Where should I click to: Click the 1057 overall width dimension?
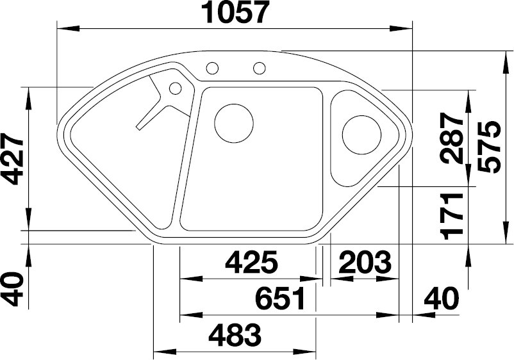coord(236,12)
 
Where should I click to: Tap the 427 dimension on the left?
coord(12,159)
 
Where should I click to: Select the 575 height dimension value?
coord(489,147)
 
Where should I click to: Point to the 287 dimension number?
coord(452,138)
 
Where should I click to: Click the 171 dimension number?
coord(452,217)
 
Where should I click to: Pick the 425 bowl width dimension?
coord(251,262)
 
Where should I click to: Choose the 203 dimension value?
coord(365,262)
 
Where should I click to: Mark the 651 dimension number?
coord(281,299)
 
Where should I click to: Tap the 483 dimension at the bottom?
coord(235,335)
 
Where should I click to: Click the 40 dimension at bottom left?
coord(12,289)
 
